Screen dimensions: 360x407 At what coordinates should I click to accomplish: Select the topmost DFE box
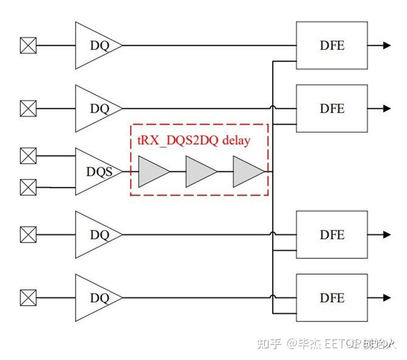coord(332,46)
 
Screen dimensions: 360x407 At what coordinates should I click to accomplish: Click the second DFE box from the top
coord(332,109)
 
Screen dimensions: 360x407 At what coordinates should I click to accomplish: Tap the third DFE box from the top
coord(332,235)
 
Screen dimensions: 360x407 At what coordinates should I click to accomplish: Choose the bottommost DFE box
coord(332,298)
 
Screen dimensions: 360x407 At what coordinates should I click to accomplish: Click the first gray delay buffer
coord(152,172)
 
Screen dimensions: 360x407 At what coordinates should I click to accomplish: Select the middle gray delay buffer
coord(200,172)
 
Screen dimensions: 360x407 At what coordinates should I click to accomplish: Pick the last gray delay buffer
coord(247,172)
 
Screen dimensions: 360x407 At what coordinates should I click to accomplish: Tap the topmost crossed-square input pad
coord(28,46)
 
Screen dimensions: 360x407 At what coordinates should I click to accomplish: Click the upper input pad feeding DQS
coord(28,156)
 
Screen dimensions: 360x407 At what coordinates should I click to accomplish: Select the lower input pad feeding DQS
coord(28,188)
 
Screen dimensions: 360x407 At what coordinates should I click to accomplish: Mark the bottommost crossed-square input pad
coord(28,298)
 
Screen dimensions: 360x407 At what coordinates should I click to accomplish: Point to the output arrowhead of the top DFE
coord(387,46)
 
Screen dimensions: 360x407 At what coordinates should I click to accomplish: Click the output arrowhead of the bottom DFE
coord(387,298)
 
